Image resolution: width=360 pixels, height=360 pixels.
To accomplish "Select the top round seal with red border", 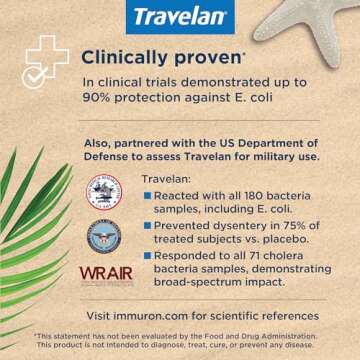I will (x=102, y=191).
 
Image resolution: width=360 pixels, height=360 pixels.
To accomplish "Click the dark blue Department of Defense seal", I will (x=103, y=234).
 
